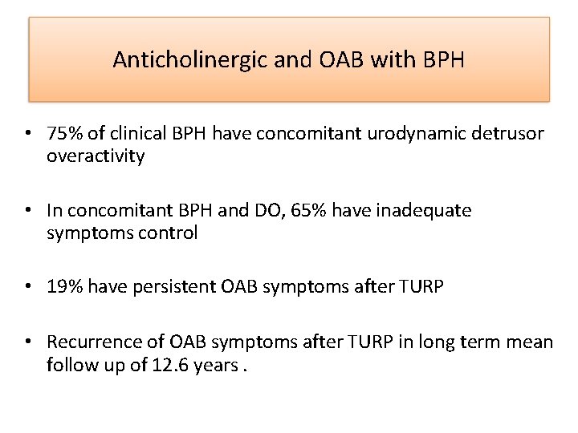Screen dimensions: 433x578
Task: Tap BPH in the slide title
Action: coord(443,60)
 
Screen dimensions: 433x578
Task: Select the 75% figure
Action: coord(63,134)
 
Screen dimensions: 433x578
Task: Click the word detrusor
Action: coord(509,134)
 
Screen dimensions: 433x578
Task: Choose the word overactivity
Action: coord(96,156)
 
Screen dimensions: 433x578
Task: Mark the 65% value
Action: coord(309,211)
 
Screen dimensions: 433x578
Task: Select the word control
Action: coord(169,233)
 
